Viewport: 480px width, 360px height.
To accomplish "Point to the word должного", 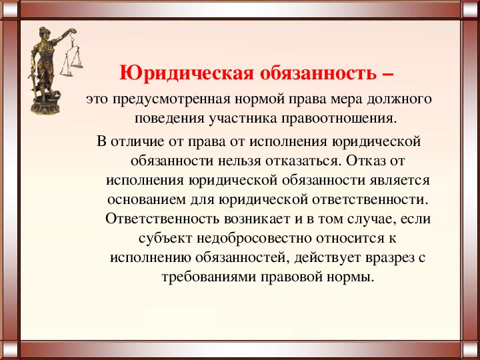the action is pyautogui.click(x=397, y=100).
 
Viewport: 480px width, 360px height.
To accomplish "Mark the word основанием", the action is pyautogui.click(x=146, y=200).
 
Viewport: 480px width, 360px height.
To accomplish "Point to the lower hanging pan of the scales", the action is pyautogui.click(x=67, y=74).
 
